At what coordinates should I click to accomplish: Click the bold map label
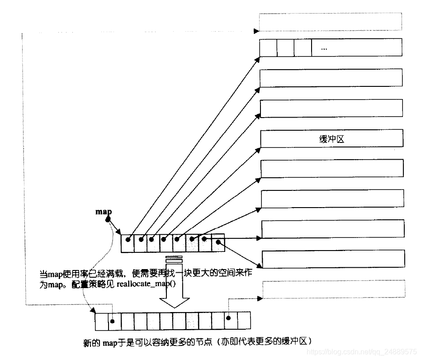pos(104,212)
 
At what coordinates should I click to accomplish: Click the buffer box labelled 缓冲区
pos(331,139)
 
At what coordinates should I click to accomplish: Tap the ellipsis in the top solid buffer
pos(323,48)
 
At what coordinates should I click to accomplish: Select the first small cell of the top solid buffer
pos(269,47)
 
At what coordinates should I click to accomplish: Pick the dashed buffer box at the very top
pos(331,21)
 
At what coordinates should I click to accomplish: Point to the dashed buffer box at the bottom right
pos(333,289)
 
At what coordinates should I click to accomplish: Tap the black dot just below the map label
pos(108,220)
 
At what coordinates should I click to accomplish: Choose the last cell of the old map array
pos(218,243)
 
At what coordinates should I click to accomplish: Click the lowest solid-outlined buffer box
pos(333,259)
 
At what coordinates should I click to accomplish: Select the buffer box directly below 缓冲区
pos(332,169)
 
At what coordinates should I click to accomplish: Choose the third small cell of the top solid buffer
pos(303,47)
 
